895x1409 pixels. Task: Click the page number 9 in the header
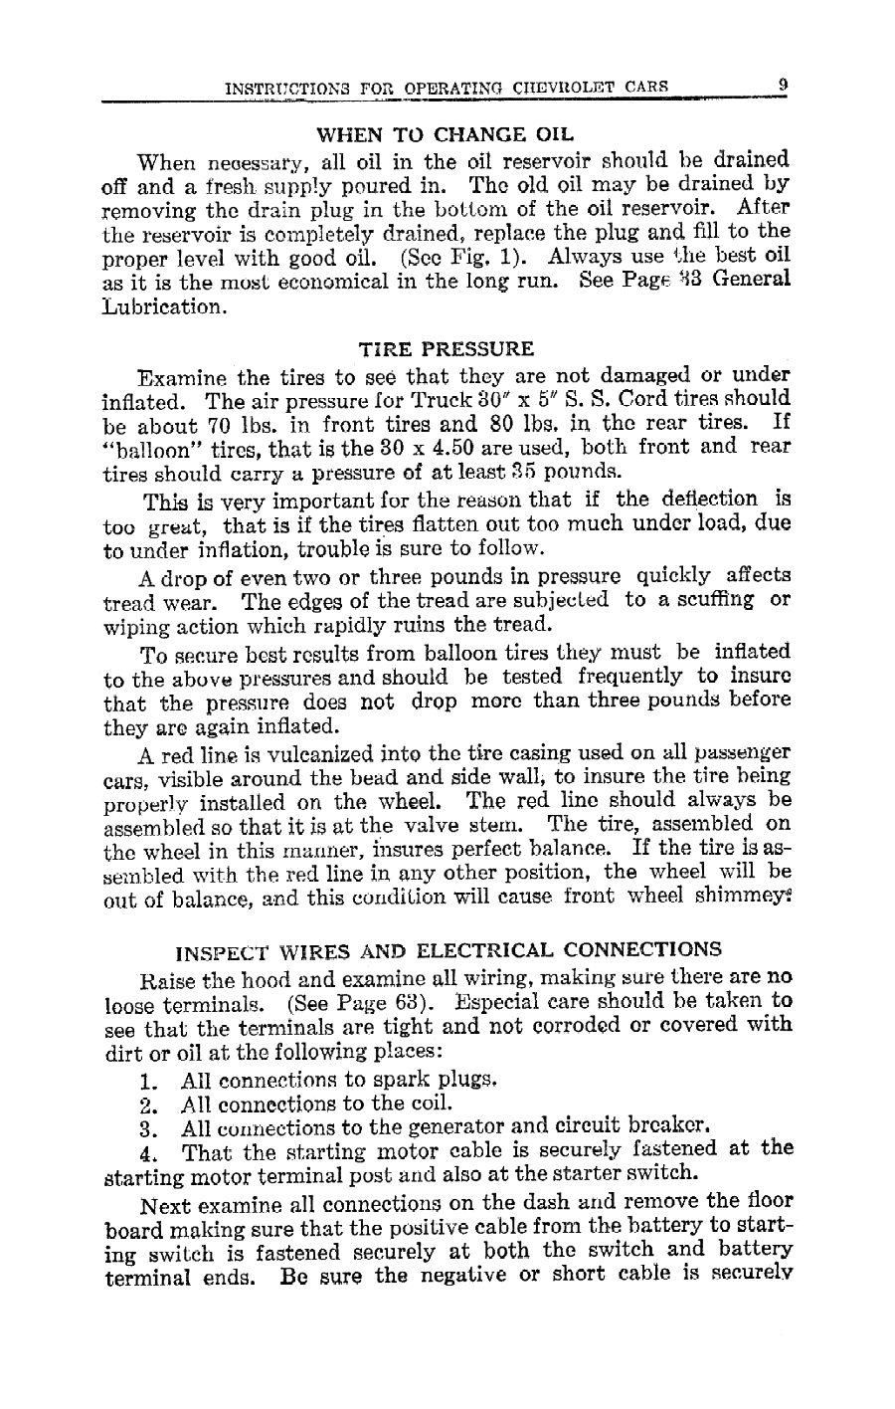click(x=784, y=86)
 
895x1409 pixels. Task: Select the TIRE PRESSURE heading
click(x=446, y=349)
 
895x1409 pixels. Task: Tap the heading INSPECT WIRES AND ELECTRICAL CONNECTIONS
click(x=448, y=949)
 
